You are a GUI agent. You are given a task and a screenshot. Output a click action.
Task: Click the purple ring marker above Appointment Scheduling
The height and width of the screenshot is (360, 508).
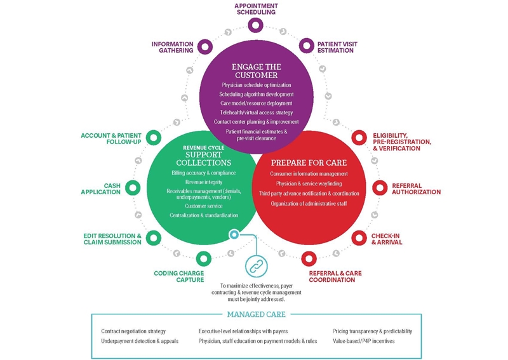[255, 25]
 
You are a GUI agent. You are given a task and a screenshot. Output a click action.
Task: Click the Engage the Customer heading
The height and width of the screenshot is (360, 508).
[257, 70]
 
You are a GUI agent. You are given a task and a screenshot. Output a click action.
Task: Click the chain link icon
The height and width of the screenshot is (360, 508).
[255, 266]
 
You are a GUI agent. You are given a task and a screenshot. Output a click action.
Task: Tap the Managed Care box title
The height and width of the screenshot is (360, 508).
[256, 314]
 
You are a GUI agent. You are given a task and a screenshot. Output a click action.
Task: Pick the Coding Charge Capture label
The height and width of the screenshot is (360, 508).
[178, 276]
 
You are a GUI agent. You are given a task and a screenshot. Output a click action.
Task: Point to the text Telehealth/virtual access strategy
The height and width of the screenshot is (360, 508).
[257, 112]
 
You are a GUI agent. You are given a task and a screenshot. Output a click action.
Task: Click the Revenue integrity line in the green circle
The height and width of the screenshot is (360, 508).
[203, 182]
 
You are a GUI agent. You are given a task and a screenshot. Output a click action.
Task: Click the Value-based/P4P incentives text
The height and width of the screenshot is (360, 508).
[364, 341]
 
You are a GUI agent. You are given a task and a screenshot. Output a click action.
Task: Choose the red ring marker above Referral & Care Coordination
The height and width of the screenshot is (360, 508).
[309, 258]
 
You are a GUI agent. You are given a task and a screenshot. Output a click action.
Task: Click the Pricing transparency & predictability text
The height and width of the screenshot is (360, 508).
[372, 331]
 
